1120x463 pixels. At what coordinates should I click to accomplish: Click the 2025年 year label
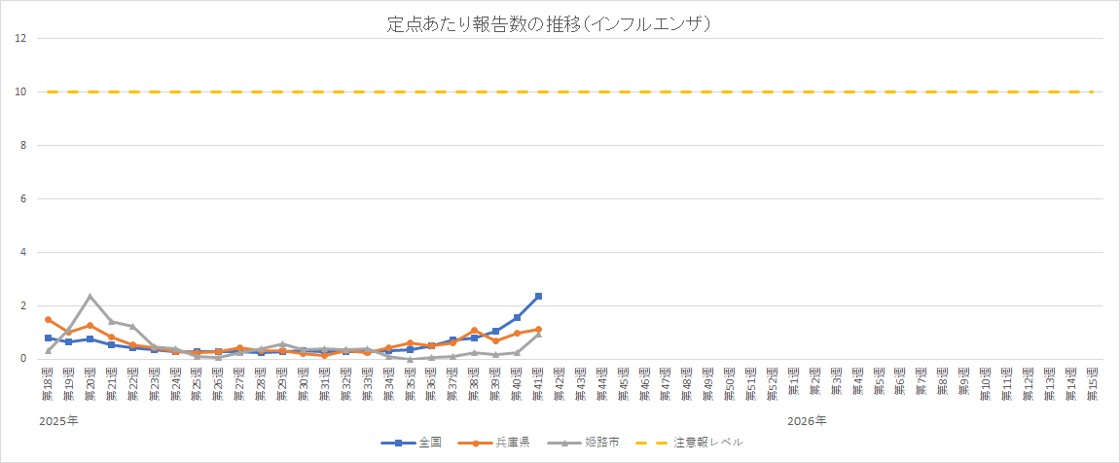point(59,420)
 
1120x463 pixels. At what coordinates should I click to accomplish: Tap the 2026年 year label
point(808,420)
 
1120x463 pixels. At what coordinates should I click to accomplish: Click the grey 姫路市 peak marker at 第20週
point(90,297)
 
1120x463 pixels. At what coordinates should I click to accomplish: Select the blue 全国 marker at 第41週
point(538,296)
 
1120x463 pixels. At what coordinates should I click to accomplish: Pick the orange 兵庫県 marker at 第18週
point(48,319)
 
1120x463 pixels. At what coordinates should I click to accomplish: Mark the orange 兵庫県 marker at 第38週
point(474,331)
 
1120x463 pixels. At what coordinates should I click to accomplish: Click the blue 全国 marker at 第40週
point(517,317)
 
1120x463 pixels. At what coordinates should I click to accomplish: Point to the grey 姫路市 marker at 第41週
point(538,334)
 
